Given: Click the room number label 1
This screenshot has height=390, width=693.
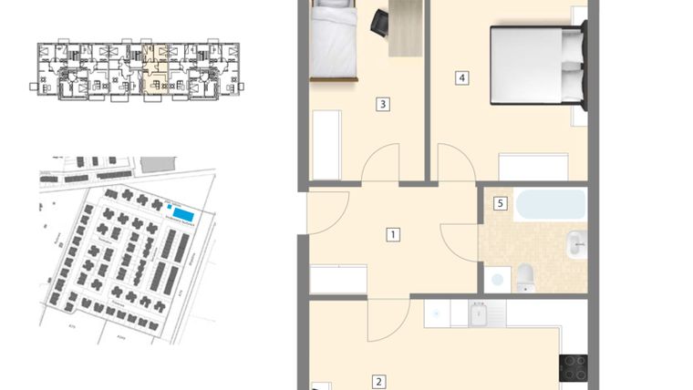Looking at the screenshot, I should (x=392, y=234).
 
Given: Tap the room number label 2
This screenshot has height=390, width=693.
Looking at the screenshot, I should (x=378, y=383).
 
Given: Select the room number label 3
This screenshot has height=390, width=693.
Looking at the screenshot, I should (x=383, y=104).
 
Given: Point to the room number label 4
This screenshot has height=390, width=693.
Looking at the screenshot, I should (x=462, y=77).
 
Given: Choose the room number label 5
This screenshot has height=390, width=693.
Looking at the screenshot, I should (x=500, y=203).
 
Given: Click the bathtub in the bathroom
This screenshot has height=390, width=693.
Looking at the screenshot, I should (x=550, y=204).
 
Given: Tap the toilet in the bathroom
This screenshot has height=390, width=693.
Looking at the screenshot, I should (x=526, y=278).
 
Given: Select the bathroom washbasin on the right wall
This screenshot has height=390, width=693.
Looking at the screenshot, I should (x=576, y=243).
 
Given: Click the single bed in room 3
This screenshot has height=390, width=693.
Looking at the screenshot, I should (x=332, y=41).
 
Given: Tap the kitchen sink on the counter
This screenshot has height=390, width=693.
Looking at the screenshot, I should (x=480, y=314).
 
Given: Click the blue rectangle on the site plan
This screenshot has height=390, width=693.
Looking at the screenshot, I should (x=183, y=212).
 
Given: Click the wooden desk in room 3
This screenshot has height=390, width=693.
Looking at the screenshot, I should (x=405, y=27).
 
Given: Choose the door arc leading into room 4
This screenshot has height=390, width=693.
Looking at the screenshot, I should (x=454, y=164).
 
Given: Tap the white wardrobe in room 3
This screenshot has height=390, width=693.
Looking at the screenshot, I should (x=326, y=145).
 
